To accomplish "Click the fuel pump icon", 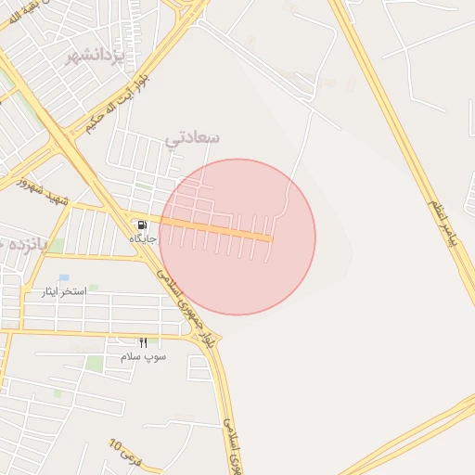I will (141, 225).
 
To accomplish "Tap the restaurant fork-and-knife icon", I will (143, 342).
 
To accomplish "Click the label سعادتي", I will (192, 137).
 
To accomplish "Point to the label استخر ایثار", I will (64, 291).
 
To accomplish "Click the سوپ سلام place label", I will (143, 356).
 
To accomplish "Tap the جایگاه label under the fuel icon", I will (143, 238).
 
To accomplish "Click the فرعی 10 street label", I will (127, 456).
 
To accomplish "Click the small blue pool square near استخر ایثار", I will (63, 277).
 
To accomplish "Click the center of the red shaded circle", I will (237, 237).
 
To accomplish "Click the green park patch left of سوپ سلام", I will (95, 364).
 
